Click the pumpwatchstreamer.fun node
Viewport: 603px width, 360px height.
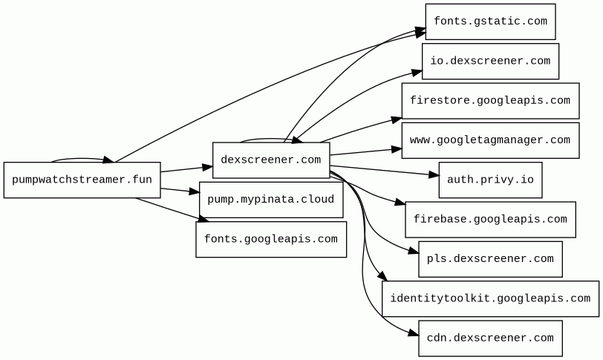tap(82, 180)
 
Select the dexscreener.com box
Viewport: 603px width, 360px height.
tap(271, 160)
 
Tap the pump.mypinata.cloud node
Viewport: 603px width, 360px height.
tap(271, 200)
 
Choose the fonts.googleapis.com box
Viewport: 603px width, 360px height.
tap(271, 239)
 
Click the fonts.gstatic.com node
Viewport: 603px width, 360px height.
tap(490, 22)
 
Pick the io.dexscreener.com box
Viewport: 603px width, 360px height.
tap(490, 61)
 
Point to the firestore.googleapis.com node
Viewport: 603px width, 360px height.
tap(490, 101)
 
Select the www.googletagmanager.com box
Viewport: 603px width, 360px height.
tap(490, 140)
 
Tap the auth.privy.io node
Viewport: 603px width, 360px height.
tap(490, 180)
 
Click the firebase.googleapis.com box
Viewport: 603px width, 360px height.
tap(490, 220)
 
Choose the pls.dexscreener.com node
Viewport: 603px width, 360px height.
tap(490, 259)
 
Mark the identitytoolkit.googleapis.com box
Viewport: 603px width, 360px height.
tap(490, 298)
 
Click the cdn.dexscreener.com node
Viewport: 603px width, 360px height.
tap(490, 338)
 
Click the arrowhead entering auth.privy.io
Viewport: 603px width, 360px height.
tap(434, 175)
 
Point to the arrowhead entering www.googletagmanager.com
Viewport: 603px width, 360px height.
tap(397, 149)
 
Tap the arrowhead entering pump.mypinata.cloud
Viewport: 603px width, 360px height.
tap(195, 192)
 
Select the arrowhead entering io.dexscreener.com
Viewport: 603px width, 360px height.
tap(417, 72)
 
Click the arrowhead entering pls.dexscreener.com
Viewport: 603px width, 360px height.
tap(414, 251)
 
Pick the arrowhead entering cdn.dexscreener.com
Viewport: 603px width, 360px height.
tap(414, 333)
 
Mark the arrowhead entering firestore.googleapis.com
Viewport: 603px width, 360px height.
tap(397, 120)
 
